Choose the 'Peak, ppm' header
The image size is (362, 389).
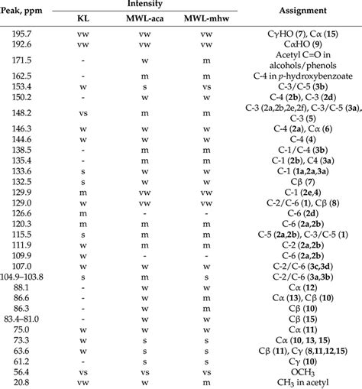(24, 11)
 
